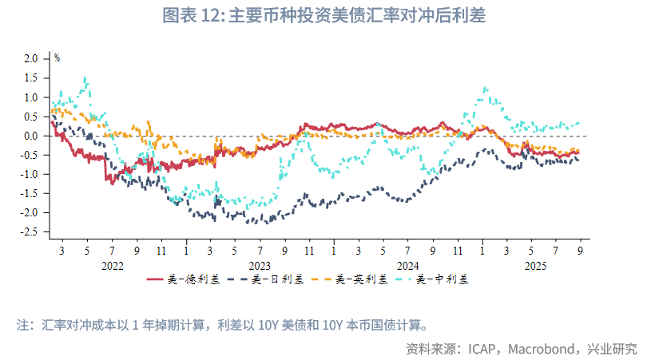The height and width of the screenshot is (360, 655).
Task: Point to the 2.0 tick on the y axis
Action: click(x=31, y=58)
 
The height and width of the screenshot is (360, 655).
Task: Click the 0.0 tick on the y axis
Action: click(x=31, y=136)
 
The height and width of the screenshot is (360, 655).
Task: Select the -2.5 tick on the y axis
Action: click(x=30, y=232)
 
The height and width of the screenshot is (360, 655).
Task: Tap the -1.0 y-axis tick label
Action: click(x=30, y=174)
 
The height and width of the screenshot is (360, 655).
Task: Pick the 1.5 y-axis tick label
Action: click(x=31, y=77)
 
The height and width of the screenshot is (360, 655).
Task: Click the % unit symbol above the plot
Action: click(x=57, y=57)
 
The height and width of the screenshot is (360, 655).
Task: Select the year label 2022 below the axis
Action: click(x=112, y=265)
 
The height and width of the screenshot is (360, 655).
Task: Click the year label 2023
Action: click(x=260, y=265)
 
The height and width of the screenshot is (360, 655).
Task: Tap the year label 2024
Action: click(x=407, y=265)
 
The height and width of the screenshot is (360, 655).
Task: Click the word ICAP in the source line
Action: click(x=484, y=348)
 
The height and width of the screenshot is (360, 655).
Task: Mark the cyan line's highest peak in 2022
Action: click(x=85, y=77)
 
